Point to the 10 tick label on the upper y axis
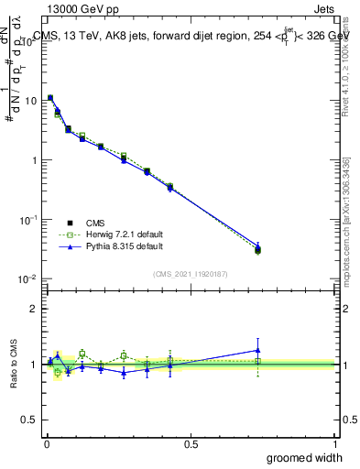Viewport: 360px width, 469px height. point(30,101)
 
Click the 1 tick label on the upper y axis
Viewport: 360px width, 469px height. point(34,160)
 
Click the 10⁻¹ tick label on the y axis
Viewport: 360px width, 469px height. point(28,220)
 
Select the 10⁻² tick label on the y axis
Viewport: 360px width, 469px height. point(28,279)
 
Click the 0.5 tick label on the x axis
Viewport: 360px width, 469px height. point(191,442)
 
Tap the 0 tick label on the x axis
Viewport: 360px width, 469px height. point(47,442)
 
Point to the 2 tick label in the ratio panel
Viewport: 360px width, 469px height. point(34,309)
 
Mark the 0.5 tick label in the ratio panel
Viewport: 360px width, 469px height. point(30,420)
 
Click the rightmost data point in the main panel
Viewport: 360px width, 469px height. point(258,248)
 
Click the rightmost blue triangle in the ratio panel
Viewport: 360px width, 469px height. point(258,350)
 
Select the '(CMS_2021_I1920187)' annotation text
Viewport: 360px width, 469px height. point(191,273)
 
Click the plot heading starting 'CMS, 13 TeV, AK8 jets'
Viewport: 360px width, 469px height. point(192,36)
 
